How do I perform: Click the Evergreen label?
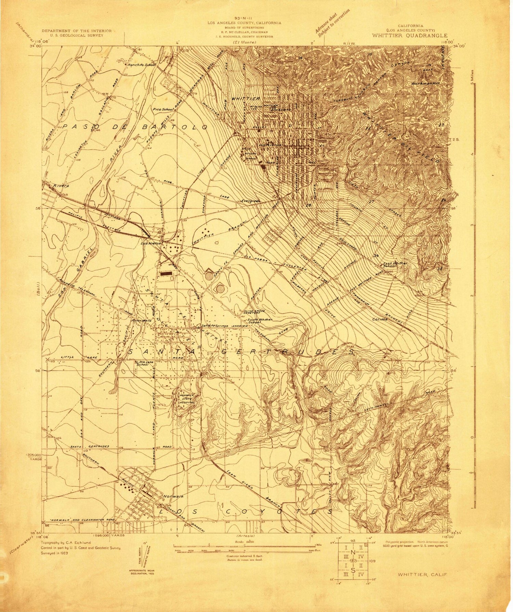251,201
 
